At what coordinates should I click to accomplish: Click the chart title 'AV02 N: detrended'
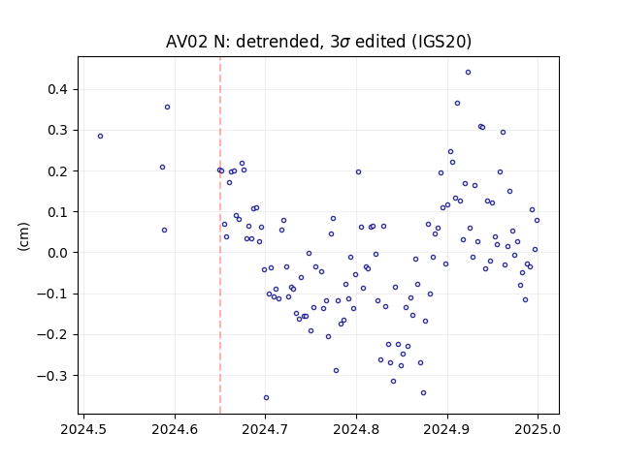(x=243, y=42)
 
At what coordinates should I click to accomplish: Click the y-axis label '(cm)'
(x=23, y=236)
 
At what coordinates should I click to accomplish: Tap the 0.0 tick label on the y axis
(x=57, y=253)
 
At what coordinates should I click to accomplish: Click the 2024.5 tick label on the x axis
(x=83, y=429)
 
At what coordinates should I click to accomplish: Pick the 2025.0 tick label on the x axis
(x=538, y=429)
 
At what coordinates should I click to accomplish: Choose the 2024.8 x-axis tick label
(x=356, y=429)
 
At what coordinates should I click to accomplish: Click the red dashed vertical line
(x=220, y=235)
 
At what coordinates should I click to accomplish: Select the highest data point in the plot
(x=468, y=73)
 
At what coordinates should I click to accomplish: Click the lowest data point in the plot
(x=266, y=398)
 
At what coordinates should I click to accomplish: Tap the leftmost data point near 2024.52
(x=100, y=137)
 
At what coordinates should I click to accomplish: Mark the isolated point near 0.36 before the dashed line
(x=167, y=108)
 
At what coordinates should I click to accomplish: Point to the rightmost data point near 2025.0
(x=537, y=221)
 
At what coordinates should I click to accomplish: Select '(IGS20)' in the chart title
(x=441, y=42)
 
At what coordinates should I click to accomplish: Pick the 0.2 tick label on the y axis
(x=57, y=171)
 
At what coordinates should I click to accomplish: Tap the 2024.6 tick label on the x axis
(x=175, y=429)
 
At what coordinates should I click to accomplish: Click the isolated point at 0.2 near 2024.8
(x=358, y=172)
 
